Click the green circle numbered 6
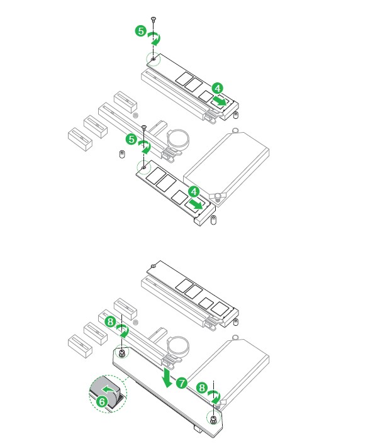(102, 401)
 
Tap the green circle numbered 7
(181, 383)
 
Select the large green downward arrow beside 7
(166, 377)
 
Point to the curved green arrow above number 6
(109, 389)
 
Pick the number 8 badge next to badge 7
(202, 387)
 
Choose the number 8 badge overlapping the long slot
(110, 322)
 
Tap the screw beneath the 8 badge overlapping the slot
(122, 354)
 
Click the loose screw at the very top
(154, 20)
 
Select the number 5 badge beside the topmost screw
(141, 31)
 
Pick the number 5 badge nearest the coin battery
(131, 139)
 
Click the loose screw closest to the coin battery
(143, 128)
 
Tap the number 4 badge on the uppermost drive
(218, 88)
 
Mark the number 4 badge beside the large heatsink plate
(194, 191)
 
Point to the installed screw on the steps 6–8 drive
(154, 266)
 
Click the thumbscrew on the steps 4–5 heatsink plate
(217, 197)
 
